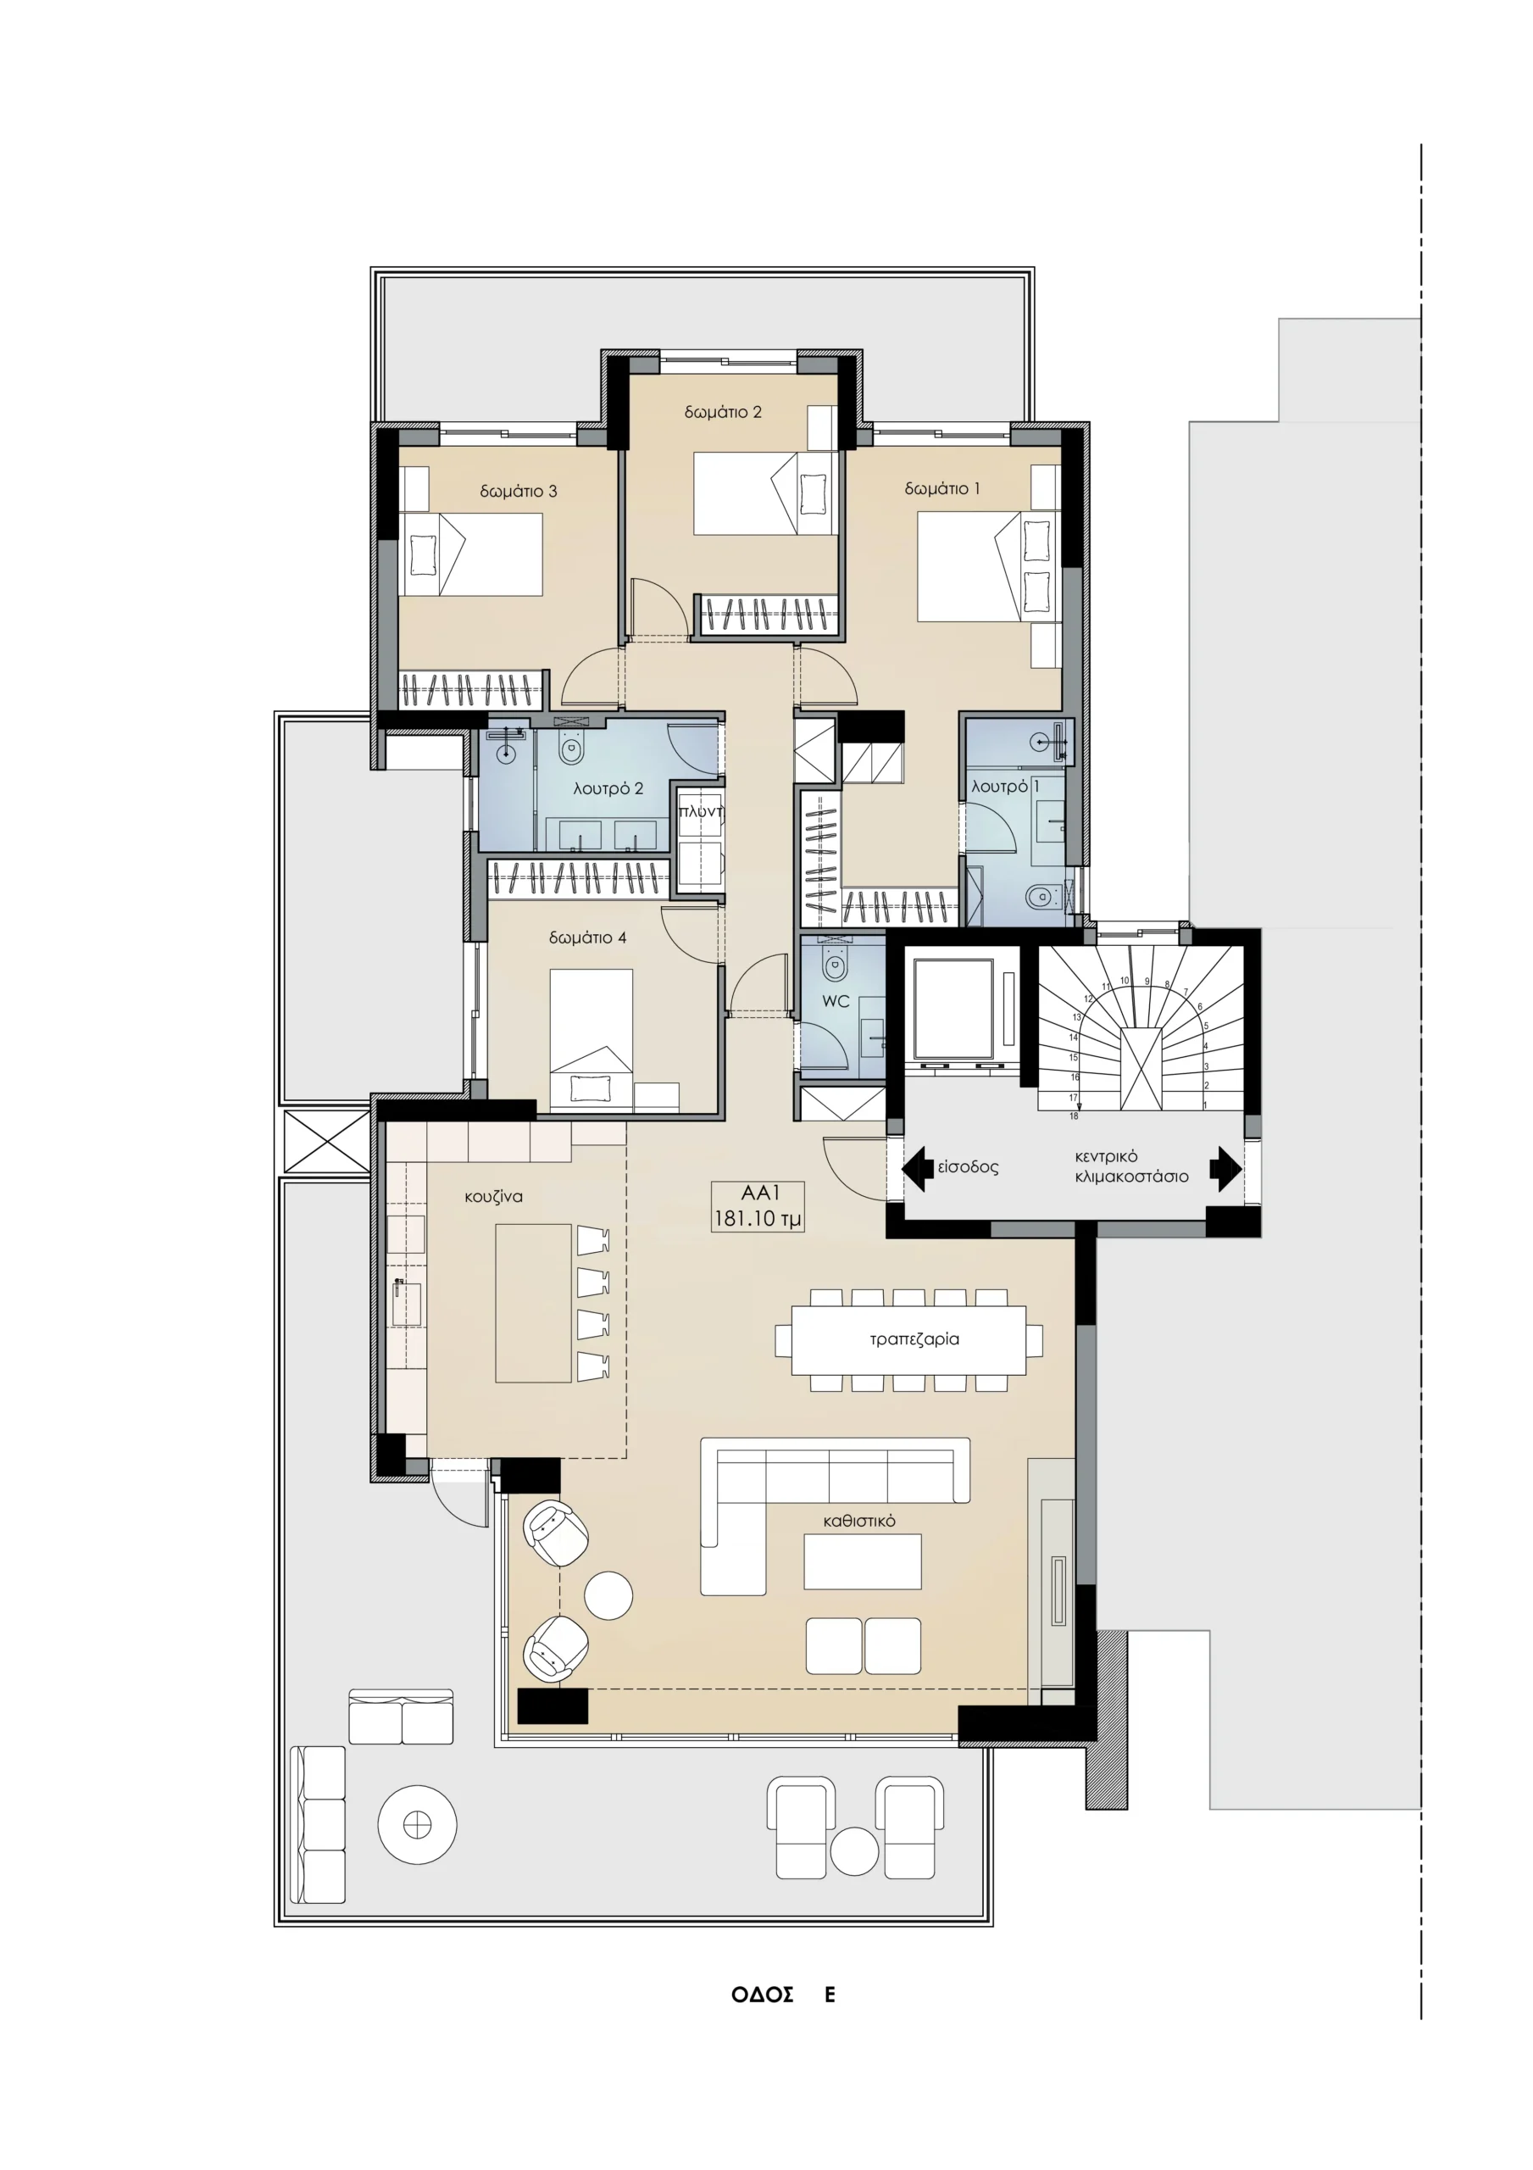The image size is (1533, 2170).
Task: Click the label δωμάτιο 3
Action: point(518,491)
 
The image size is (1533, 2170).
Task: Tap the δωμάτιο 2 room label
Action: point(723,412)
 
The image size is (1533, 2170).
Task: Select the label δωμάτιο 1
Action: point(942,488)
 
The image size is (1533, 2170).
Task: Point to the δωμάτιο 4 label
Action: point(587,938)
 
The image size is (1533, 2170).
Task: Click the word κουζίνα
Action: point(493,1197)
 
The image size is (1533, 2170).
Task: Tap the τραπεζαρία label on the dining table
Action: point(914,1339)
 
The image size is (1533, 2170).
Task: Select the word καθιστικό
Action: point(859,1521)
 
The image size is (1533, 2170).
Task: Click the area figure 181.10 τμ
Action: point(757,1219)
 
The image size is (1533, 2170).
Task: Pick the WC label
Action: point(836,1001)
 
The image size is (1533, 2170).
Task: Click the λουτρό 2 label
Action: point(608,788)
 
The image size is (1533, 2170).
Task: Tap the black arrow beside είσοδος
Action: point(918,1168)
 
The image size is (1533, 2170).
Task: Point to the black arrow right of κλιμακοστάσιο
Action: point(1226,1168)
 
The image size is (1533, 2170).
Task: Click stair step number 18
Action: point(1074,1116)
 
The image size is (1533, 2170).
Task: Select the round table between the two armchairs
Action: point(608,1595)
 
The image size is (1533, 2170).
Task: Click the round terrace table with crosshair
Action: point(417,1825)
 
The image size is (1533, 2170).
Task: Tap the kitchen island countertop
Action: point(533,1304)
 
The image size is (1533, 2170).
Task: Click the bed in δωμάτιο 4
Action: point(592,1039)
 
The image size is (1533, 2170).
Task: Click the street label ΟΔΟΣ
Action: point(762,1995)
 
